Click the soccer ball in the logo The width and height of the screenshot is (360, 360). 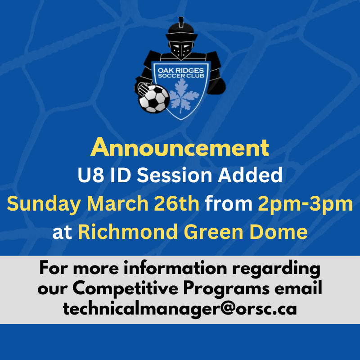pos(154,99)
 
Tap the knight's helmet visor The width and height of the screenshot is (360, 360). pos(181,49)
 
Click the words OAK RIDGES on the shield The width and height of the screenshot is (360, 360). pos(181,71)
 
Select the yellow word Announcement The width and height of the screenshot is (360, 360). pos(180,148)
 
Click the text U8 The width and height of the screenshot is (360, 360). pos(91,175)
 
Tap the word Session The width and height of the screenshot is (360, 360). pos(175,175)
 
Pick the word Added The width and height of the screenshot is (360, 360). pos(250,175)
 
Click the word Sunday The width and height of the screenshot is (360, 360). pos(44,204)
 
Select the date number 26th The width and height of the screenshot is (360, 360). pos(176,203)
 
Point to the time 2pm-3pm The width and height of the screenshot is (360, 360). pos(306,204)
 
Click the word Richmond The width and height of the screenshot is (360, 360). pos(128,231)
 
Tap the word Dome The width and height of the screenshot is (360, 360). pos(279,231)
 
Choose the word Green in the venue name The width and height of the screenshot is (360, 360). pos(213,232)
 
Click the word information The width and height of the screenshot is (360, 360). pos(175,268)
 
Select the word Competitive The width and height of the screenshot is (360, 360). pos(126,288)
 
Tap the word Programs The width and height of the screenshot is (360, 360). pos(226,289)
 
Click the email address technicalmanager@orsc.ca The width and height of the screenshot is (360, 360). pos(180,309)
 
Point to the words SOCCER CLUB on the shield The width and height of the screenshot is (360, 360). pos(181,76)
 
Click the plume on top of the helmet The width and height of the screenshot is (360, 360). pos(181,21)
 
